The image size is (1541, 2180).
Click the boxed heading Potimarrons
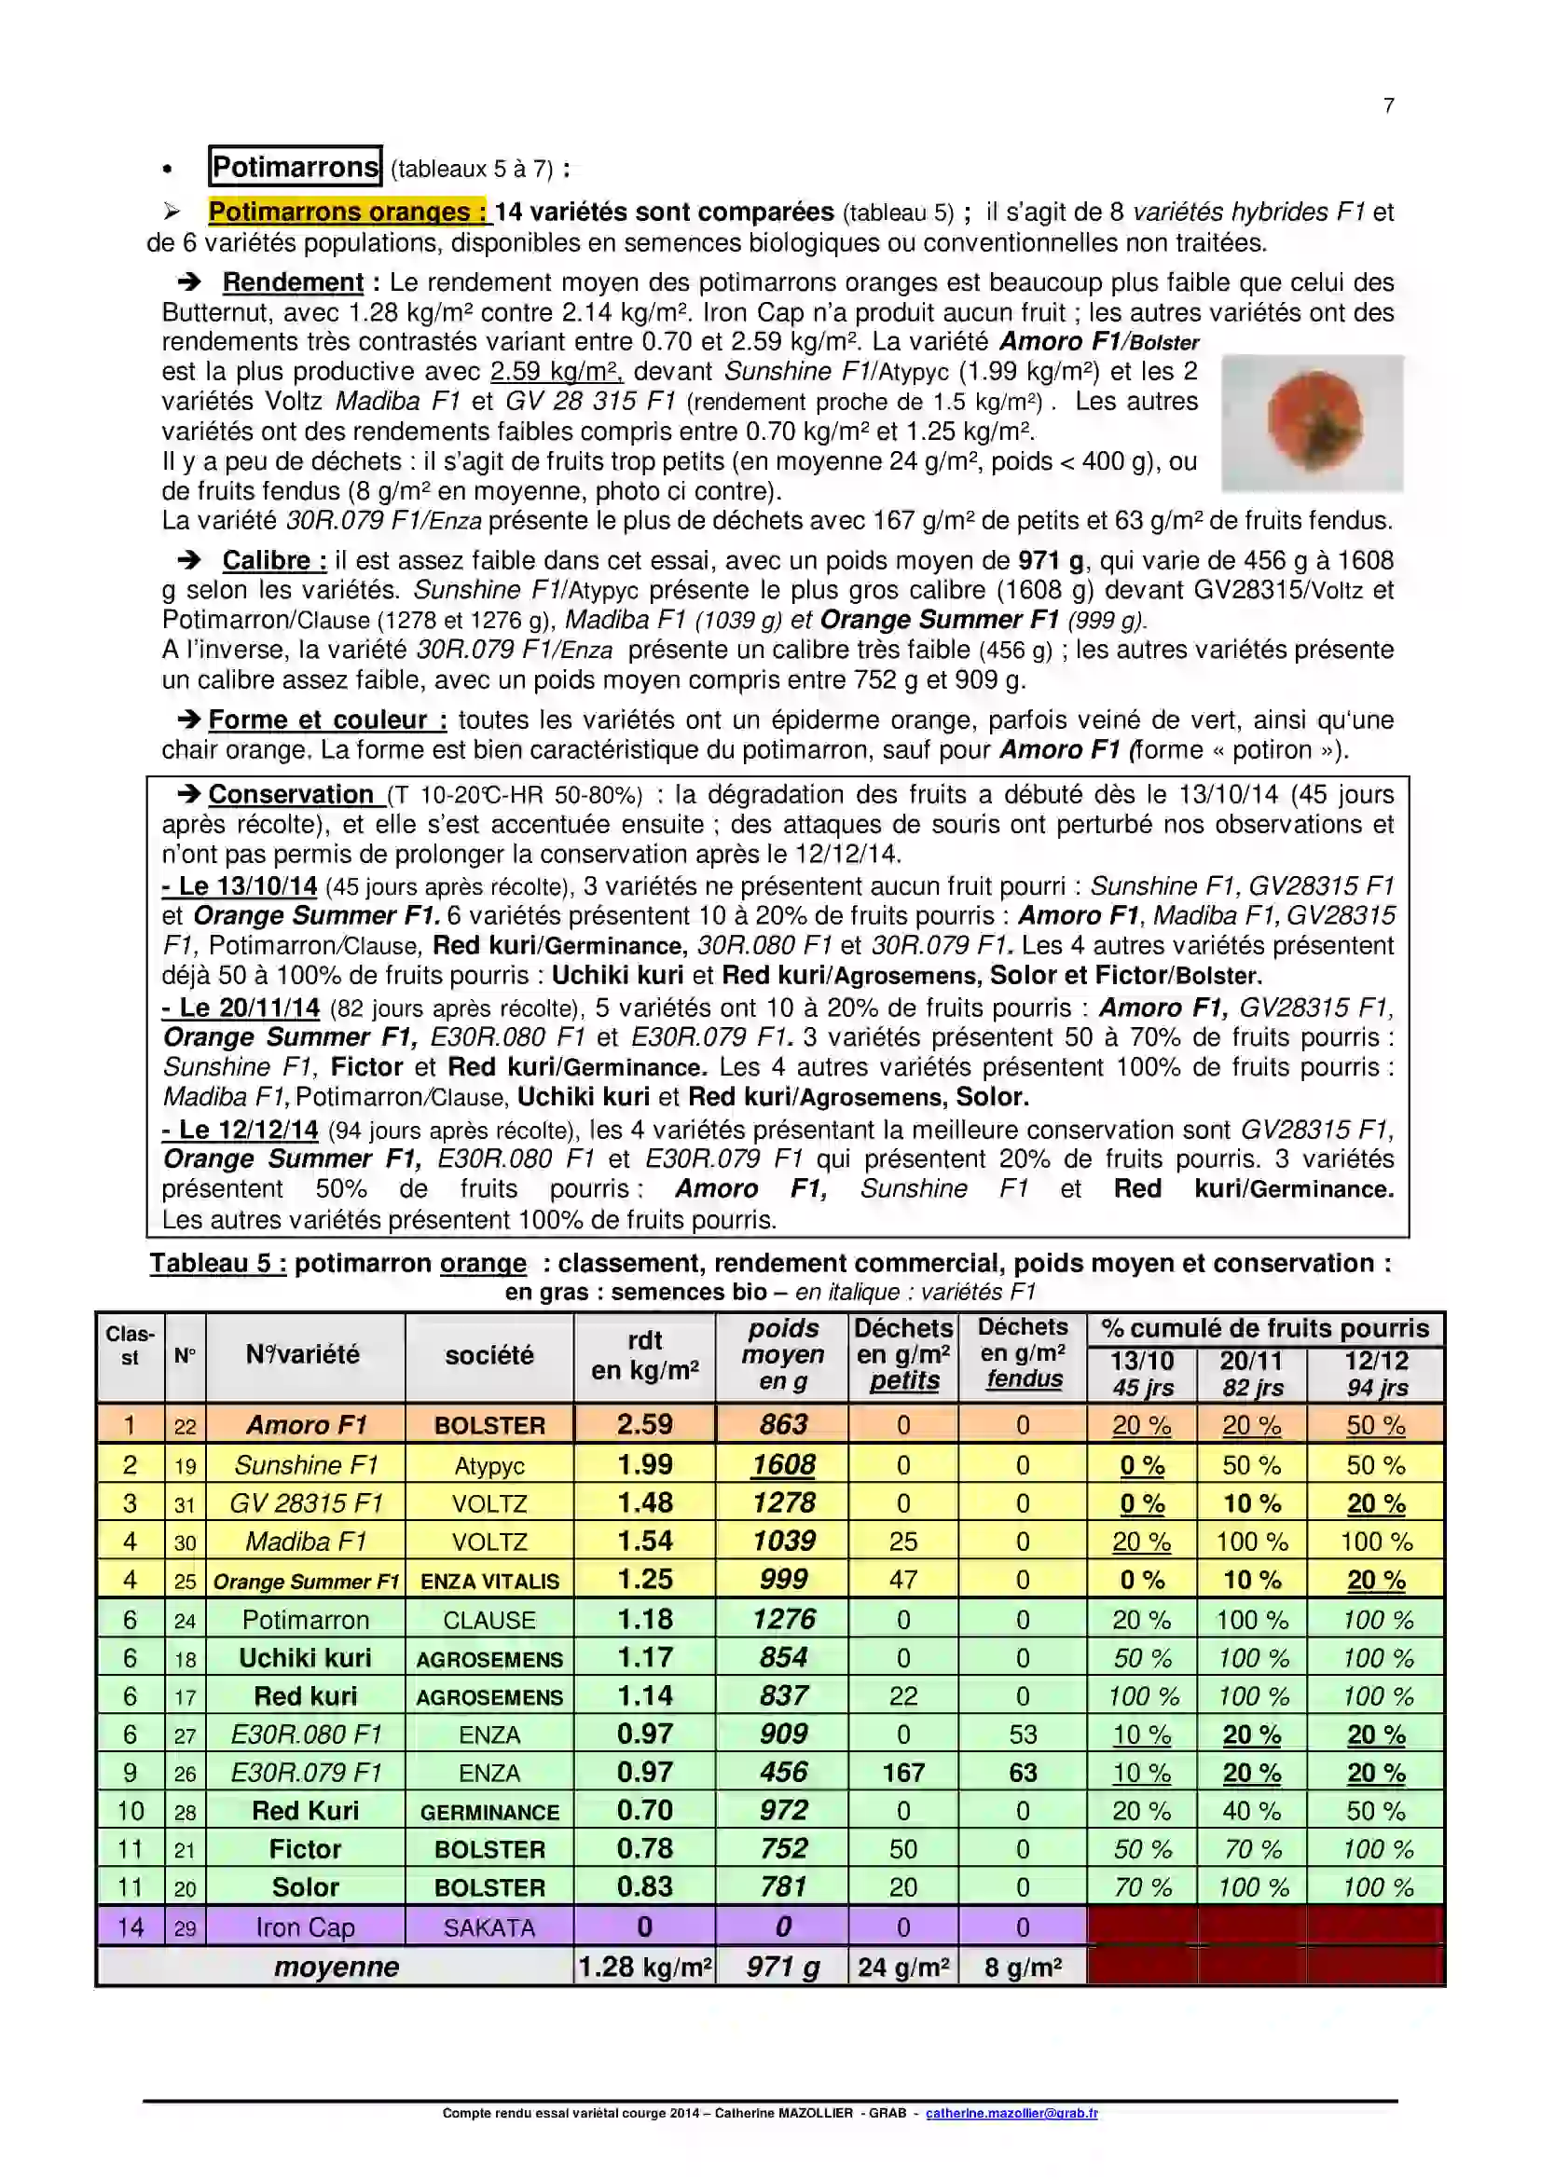tap(296, 167)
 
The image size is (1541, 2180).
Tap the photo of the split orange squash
tap(1312, 422)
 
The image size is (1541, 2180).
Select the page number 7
tap(1388, 105)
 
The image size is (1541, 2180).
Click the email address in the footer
tap(1011, 2113)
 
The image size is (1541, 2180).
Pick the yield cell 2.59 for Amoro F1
tap(644, 1424)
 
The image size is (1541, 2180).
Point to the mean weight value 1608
tap(783, 1464)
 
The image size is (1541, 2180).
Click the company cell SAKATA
tap(489, 1926)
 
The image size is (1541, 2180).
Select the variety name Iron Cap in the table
tap(305, 1926)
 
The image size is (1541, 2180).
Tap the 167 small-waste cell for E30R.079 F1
tap(903, 1772)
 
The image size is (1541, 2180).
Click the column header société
tap(489, 1355)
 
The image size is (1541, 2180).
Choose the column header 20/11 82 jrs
tap(1251, 1374)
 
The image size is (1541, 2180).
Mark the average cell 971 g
tap(783, 1967)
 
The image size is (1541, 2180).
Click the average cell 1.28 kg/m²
tap(645, 1967)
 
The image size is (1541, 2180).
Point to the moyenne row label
tap(337, 1967)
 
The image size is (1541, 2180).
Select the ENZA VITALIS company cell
tap(489, 1581)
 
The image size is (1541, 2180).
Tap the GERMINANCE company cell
tap(489, 1812)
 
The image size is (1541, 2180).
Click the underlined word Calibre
tap(273, 560)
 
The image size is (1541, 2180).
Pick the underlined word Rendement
tap(293, 282)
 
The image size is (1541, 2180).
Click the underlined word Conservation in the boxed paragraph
tap(291, 794)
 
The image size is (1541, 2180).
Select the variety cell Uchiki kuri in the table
tap(305, 1658)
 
